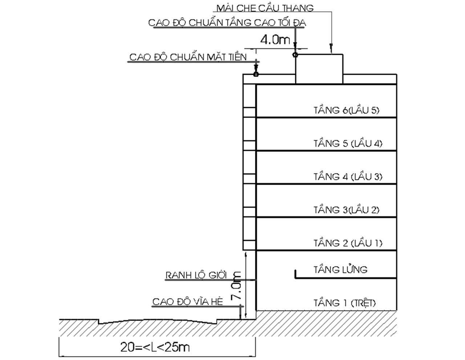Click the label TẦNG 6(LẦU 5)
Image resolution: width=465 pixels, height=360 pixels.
[346, 110]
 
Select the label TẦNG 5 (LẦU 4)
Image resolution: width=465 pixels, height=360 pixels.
[348, 143]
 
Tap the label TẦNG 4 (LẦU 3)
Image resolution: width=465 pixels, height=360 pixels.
[348, 177]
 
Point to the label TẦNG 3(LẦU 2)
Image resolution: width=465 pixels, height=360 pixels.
[346, 210]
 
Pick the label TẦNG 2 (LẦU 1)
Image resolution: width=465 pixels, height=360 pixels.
[348, 243]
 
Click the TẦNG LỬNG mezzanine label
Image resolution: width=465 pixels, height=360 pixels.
[340, 270]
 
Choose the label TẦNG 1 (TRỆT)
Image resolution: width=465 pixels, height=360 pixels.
[344, 302]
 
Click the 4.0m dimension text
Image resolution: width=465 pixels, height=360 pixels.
[275, 40]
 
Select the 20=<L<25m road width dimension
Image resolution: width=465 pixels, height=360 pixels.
[155, 347]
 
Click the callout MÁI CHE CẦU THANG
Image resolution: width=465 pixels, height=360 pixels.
[265, 8]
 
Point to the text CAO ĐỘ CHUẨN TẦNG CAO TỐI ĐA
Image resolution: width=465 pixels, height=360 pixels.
[227, 23]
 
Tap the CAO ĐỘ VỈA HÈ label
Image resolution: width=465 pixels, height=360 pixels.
[187, 302]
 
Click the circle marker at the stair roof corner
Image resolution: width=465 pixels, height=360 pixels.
[295, 55]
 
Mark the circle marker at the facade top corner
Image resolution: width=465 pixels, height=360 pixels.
[256, 74]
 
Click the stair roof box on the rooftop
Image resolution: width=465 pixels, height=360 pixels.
[319, 69]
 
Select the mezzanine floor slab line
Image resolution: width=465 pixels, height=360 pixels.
[345, 278]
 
